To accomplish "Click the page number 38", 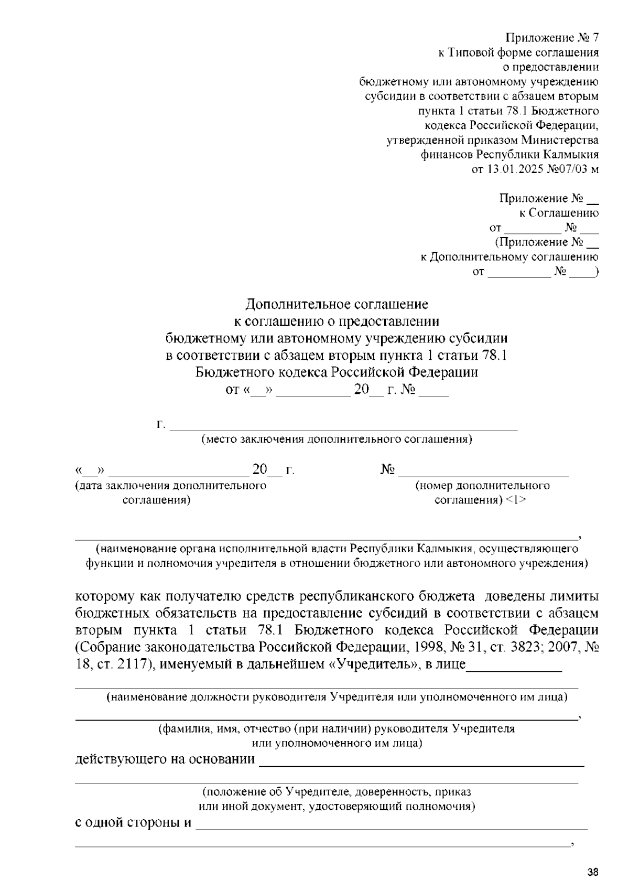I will click(592, 873).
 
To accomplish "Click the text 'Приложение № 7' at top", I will click(551, 38).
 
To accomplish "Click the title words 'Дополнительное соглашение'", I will click(337, 304).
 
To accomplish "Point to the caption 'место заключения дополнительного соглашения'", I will click(337, 439).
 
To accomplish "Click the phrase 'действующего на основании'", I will click(165, 759).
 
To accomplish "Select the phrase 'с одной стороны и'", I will click(134, 822).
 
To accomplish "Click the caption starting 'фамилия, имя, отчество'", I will click(337, 729).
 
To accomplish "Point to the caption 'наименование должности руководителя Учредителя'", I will click(337, 698).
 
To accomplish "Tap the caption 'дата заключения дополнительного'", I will click(171, 486).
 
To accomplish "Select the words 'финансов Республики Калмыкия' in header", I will click(509, 155).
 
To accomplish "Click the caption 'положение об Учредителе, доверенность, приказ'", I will click(337, 792).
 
